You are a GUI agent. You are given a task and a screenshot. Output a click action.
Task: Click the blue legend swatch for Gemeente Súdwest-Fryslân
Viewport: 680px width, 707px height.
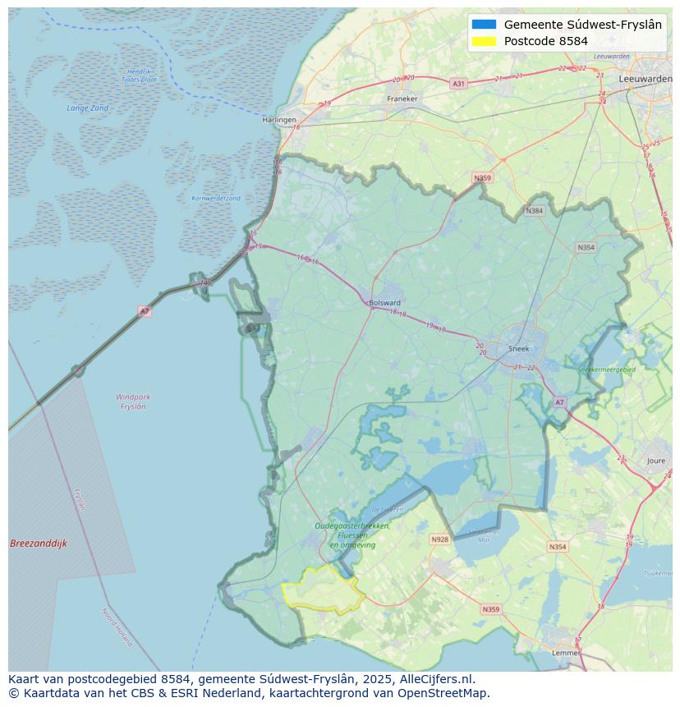tap(485, 25)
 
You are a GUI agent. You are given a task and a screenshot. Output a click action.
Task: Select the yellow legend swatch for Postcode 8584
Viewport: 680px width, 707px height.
tap(485, 41)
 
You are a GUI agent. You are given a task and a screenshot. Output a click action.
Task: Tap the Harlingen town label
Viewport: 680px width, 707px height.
tap(279, 120)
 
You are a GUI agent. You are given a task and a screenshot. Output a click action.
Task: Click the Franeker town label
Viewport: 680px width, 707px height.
tap(402, 99)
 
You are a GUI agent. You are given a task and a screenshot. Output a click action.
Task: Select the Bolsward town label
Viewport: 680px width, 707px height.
tap(385, 302)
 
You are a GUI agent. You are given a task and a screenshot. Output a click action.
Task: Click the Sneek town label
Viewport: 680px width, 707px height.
tap(519, 348)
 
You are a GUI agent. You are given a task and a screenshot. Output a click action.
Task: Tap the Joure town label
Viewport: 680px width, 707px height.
tap(655, 461)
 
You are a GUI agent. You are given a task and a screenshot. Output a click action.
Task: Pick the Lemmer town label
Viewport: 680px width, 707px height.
tap(566, 653)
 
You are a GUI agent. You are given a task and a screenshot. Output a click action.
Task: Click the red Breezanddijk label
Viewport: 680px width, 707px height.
tap(39, 544)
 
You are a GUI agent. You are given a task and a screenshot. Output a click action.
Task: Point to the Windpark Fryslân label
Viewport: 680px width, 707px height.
tap(133, 402)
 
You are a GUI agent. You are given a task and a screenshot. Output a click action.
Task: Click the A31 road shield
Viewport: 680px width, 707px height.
tap(458, 84)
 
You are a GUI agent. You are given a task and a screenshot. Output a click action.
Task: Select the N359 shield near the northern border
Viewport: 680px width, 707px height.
tap(482, 178)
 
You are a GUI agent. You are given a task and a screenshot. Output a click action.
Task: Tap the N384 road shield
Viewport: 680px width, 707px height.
tap(534, 211)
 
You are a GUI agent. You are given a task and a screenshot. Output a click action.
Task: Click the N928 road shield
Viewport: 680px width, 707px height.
tap(439, 539)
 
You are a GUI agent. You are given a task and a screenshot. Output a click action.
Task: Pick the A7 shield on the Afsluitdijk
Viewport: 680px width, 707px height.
tap(145, 311)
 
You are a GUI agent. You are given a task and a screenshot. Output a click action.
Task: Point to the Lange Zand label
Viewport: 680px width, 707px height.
tap(88, 108)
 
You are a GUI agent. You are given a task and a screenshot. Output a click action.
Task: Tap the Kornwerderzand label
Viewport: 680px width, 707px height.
tap(216, 199)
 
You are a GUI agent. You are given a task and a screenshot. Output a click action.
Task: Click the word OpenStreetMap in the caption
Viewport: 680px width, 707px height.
tap(443, 693)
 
